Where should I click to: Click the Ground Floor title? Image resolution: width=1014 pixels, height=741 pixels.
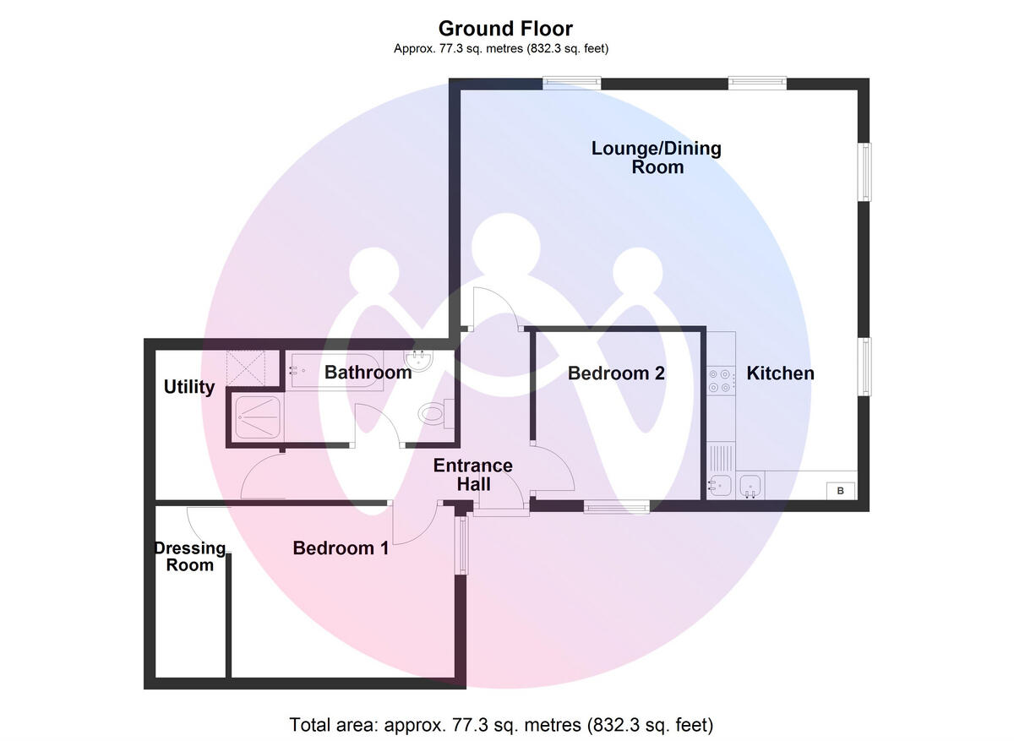pos(505,30)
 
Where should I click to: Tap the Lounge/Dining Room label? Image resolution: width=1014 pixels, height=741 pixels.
pos(657,158)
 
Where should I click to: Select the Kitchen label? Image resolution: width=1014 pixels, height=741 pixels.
pos(780,373)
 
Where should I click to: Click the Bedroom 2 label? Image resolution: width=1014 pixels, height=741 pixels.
pos(616,373)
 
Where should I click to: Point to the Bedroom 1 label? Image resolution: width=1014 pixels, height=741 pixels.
pos(341,548)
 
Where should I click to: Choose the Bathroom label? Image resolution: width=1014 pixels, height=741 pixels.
pos(368,373)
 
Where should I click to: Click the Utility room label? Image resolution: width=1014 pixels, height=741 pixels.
pos(188,387)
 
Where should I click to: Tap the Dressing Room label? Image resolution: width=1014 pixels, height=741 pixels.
pos(190,557)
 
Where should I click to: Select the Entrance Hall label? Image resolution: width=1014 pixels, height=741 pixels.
pos(472,475)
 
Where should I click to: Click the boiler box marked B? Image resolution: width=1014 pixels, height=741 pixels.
pos(840,491)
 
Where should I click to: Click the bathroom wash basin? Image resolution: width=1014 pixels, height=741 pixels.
pos(421,362)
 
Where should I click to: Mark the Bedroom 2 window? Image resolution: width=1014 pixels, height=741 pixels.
pos(616,507)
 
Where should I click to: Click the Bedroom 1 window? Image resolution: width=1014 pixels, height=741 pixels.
pos(461,545)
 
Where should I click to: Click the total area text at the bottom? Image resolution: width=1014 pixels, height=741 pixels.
pos(502,725)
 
